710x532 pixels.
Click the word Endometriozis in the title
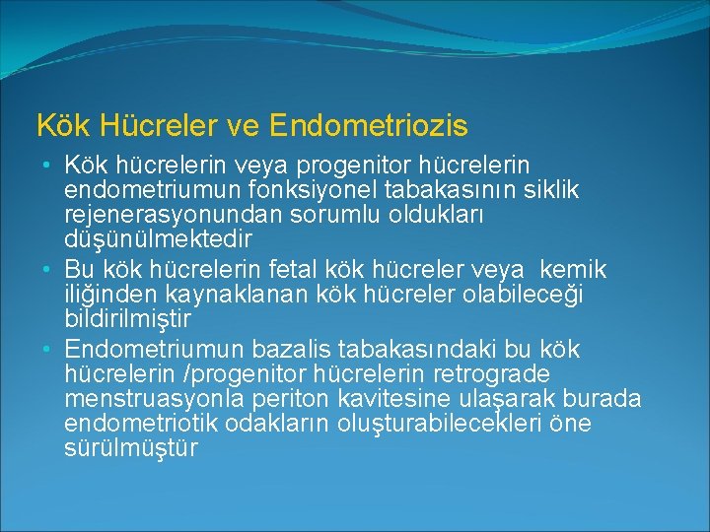click(x=368, y=126)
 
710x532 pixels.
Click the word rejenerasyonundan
click(x=154, y=213)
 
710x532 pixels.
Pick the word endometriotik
click(x=141, y=424)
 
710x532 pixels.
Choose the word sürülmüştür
click(x=131, y=448)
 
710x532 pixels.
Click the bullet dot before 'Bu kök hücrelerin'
click(x=48, y=270)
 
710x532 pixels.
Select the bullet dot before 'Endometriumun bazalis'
click(x=48, y=350)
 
